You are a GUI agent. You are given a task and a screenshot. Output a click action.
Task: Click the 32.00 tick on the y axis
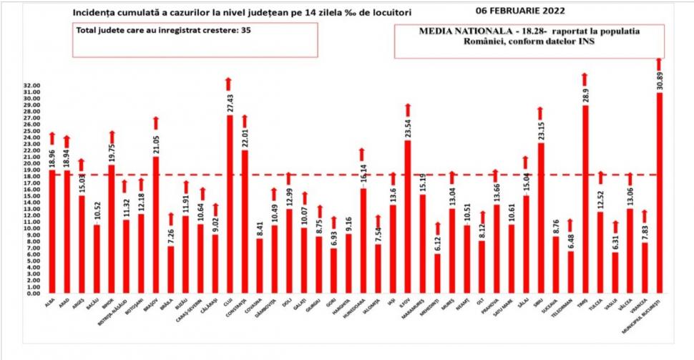31,86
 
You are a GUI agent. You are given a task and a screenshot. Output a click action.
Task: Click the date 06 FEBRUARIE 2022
530,11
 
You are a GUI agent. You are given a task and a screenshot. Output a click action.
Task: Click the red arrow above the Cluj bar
229,83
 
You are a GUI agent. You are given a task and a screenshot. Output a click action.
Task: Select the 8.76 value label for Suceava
555,225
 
